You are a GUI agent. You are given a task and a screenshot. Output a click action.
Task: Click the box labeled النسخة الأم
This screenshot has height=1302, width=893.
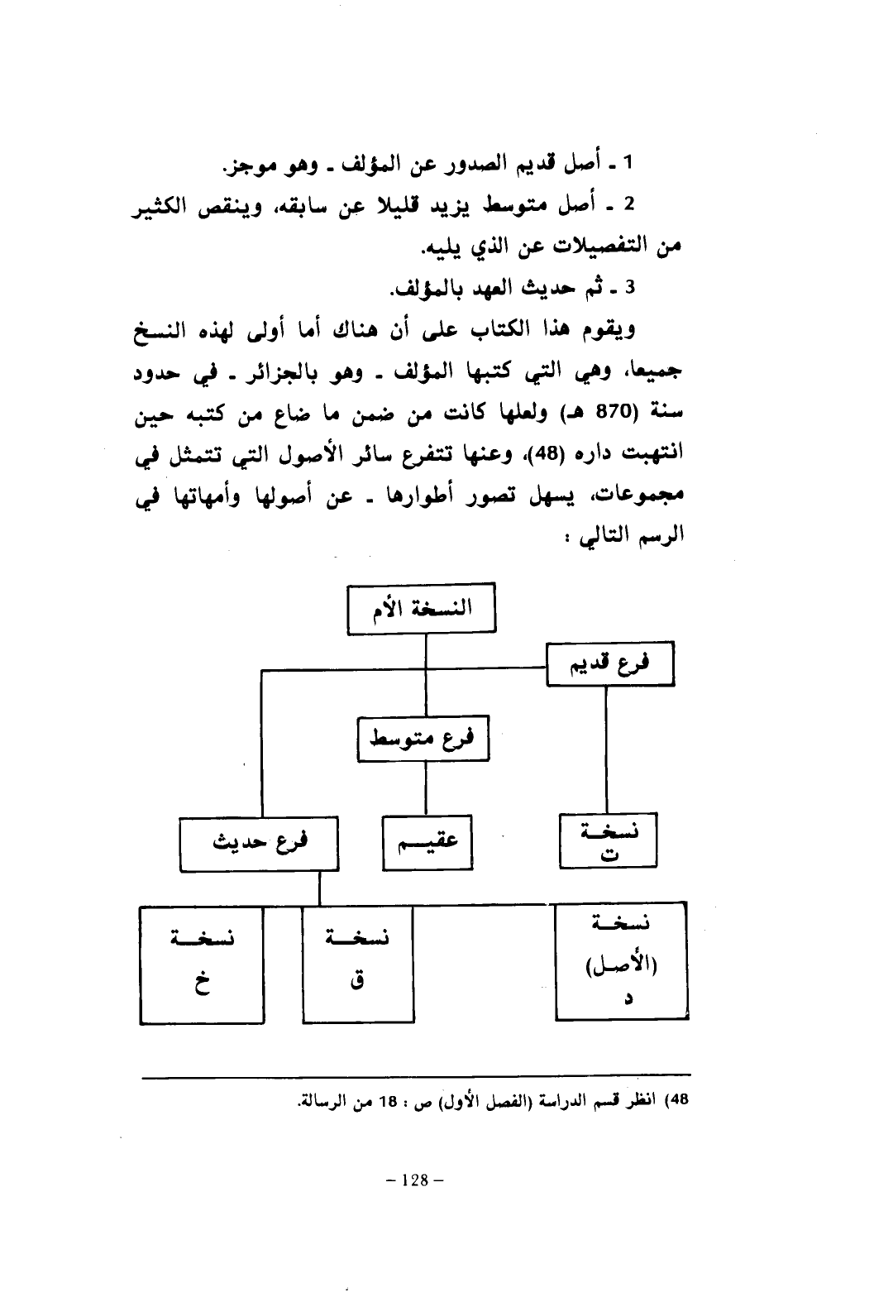(x=422, y=610)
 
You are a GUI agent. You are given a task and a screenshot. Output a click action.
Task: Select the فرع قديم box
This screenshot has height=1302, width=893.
(x=610, y=665)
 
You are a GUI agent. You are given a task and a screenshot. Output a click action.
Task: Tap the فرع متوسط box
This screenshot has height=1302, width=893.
(x=423, y=739)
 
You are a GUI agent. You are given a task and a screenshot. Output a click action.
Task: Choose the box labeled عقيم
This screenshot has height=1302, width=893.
(x=427, y=843)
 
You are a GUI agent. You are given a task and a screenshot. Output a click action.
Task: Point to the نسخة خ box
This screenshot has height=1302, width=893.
(x=202, y=965)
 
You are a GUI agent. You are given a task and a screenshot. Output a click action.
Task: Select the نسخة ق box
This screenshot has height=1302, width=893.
(x=357, y=965)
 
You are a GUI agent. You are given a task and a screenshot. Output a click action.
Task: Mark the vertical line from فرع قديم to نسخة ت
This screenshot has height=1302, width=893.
(x=606, y=750)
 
